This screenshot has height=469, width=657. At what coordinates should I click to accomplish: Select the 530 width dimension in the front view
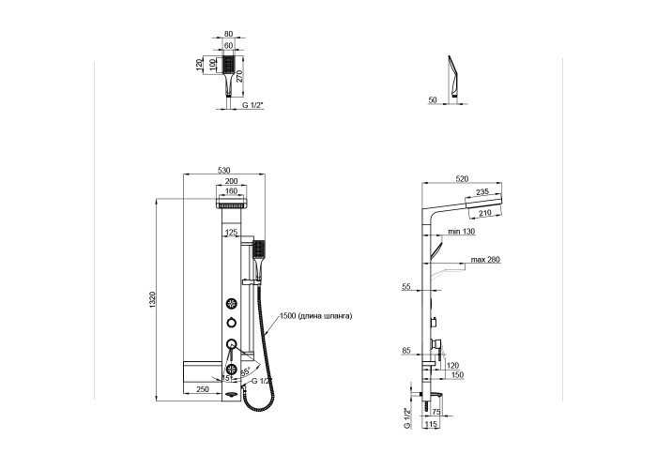pyautogui.click(x=224, y=170)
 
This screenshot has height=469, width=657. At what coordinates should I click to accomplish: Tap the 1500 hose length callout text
pyautogui.click(x=318, y=317)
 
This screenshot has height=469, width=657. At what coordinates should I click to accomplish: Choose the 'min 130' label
pyautogui.click(x=461, y=232)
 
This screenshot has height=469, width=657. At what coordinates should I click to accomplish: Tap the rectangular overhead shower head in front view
pyautogui.click(x=231, y=204)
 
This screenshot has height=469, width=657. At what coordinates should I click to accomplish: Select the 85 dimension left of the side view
pyautogui.click(x=405, y=353)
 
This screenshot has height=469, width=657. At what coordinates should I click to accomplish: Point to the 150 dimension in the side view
pyautogui.click(x=456, y=375)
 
